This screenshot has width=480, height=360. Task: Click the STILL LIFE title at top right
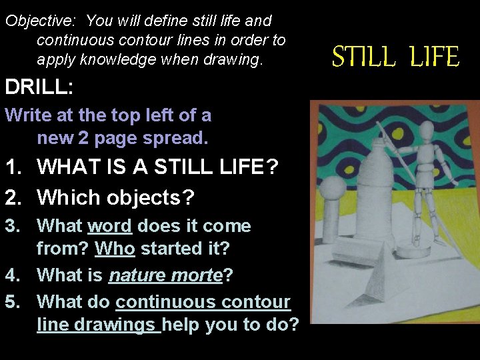point(396,57)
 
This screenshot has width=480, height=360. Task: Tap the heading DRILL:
point(37,87)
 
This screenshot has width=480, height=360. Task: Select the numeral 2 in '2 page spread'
point(83,138)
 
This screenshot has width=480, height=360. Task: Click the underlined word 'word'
point(110,226)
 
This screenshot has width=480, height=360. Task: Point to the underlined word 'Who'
point(115,249)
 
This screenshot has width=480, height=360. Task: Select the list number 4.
point(13,275)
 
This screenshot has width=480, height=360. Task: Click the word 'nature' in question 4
point(134,275)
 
